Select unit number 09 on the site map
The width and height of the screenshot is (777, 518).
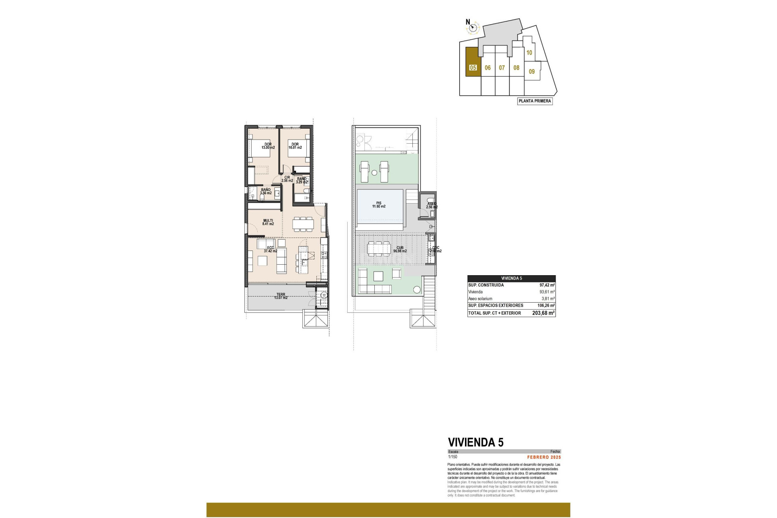pyautogui.click(x=532, y=72)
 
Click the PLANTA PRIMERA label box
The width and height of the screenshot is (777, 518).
pyautogui.click(x=535, y=101)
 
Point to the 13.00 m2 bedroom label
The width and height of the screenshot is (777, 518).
pyautogui.click(x=268, y=146)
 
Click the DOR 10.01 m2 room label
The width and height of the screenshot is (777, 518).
pyautogui.click(x=295, y=146)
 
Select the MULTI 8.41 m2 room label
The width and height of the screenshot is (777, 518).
pyautogui.click(x=268, y=222)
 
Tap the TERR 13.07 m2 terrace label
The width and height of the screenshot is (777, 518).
pyautogui.click(x=280, y=296)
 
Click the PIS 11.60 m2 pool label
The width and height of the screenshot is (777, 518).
pyautogui.click(x=379, y=205)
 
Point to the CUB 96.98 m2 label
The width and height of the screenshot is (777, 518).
pyautogui.click(x=400, y=249)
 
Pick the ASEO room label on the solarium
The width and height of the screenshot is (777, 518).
pyautogui.click(x=431, y=206)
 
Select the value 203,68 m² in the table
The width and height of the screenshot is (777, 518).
pyautogui.click(x=543, y=313)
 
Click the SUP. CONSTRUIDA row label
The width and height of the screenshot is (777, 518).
pyautogui.click(x=486, y=285)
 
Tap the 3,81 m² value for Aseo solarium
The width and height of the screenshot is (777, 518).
pyautogui.click(x=548, y=299)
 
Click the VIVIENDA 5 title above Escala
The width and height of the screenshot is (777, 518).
pyautogui.click(x=476, y=442)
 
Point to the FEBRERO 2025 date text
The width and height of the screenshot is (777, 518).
pyautogui.click(x=544, y=457)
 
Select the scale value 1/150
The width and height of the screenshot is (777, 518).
pyautogui.click(x=452, y=457)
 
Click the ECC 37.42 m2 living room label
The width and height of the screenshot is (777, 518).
pyautogui.click(x=270, y=249)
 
